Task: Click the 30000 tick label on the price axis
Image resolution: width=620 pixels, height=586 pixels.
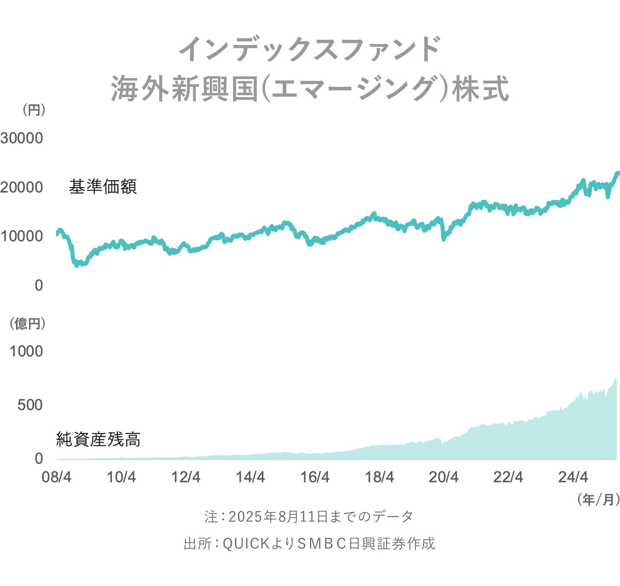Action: coord(22,138)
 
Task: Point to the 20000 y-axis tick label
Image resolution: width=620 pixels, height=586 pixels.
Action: coord(22,187)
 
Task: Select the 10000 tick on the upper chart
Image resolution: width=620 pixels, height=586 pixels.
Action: coord(22,236)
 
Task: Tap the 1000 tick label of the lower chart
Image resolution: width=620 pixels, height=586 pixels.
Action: coord(26,351)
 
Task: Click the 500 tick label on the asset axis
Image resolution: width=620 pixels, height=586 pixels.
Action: coord(30,405)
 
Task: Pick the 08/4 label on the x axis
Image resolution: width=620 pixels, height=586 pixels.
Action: coord(57,477)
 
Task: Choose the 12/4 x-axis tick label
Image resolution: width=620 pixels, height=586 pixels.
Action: coord(186,477)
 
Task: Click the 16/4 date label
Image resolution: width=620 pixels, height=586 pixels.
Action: coord(315,477)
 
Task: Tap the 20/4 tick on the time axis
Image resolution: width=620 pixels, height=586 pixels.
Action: coord(444,477)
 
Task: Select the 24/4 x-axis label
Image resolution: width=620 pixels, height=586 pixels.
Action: coord(573,477)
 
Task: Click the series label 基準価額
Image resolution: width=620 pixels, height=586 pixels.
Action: coord(103,187)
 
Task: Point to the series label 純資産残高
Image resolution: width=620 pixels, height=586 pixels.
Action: coord(98,439)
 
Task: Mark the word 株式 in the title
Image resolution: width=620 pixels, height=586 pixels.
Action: coord(481,89)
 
